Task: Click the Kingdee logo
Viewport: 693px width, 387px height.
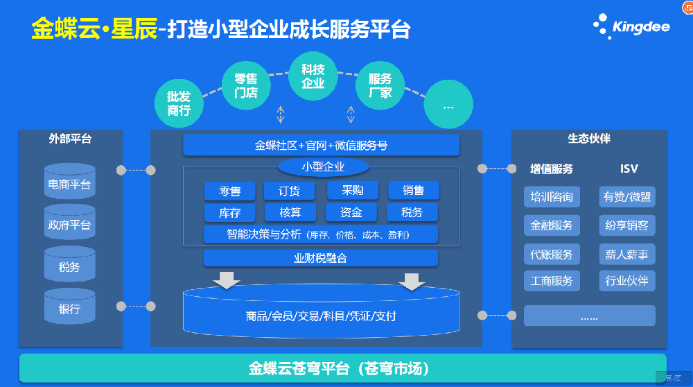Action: (631, 26)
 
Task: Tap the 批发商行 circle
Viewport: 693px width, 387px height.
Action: (179, 103)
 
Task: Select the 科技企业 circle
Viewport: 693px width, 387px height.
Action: (313, 76)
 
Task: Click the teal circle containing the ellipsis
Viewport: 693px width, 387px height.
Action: (448, 105)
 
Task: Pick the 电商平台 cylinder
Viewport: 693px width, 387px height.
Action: (70, 181)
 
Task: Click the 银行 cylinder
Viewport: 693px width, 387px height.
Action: (70, 306)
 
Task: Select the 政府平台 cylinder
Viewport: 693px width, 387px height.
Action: (70, 222)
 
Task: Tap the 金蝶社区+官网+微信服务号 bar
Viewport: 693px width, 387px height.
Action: (322, 145)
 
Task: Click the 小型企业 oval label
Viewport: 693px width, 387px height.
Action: (323, 166)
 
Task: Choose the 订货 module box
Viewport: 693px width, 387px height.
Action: (289, 191)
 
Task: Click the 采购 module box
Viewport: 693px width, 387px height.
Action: (352, 190)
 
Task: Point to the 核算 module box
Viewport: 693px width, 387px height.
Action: (290, 212)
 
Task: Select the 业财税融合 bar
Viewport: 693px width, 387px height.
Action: (320, 258)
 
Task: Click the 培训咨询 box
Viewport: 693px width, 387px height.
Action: (552, 197)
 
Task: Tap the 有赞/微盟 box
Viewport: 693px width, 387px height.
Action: (627, 197)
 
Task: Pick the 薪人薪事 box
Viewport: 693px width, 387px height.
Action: (627, 255)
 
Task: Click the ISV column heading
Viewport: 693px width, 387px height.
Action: (629, 169)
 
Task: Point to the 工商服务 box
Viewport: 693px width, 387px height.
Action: (552, 281)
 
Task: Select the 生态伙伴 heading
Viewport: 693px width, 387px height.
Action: (589, 139)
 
